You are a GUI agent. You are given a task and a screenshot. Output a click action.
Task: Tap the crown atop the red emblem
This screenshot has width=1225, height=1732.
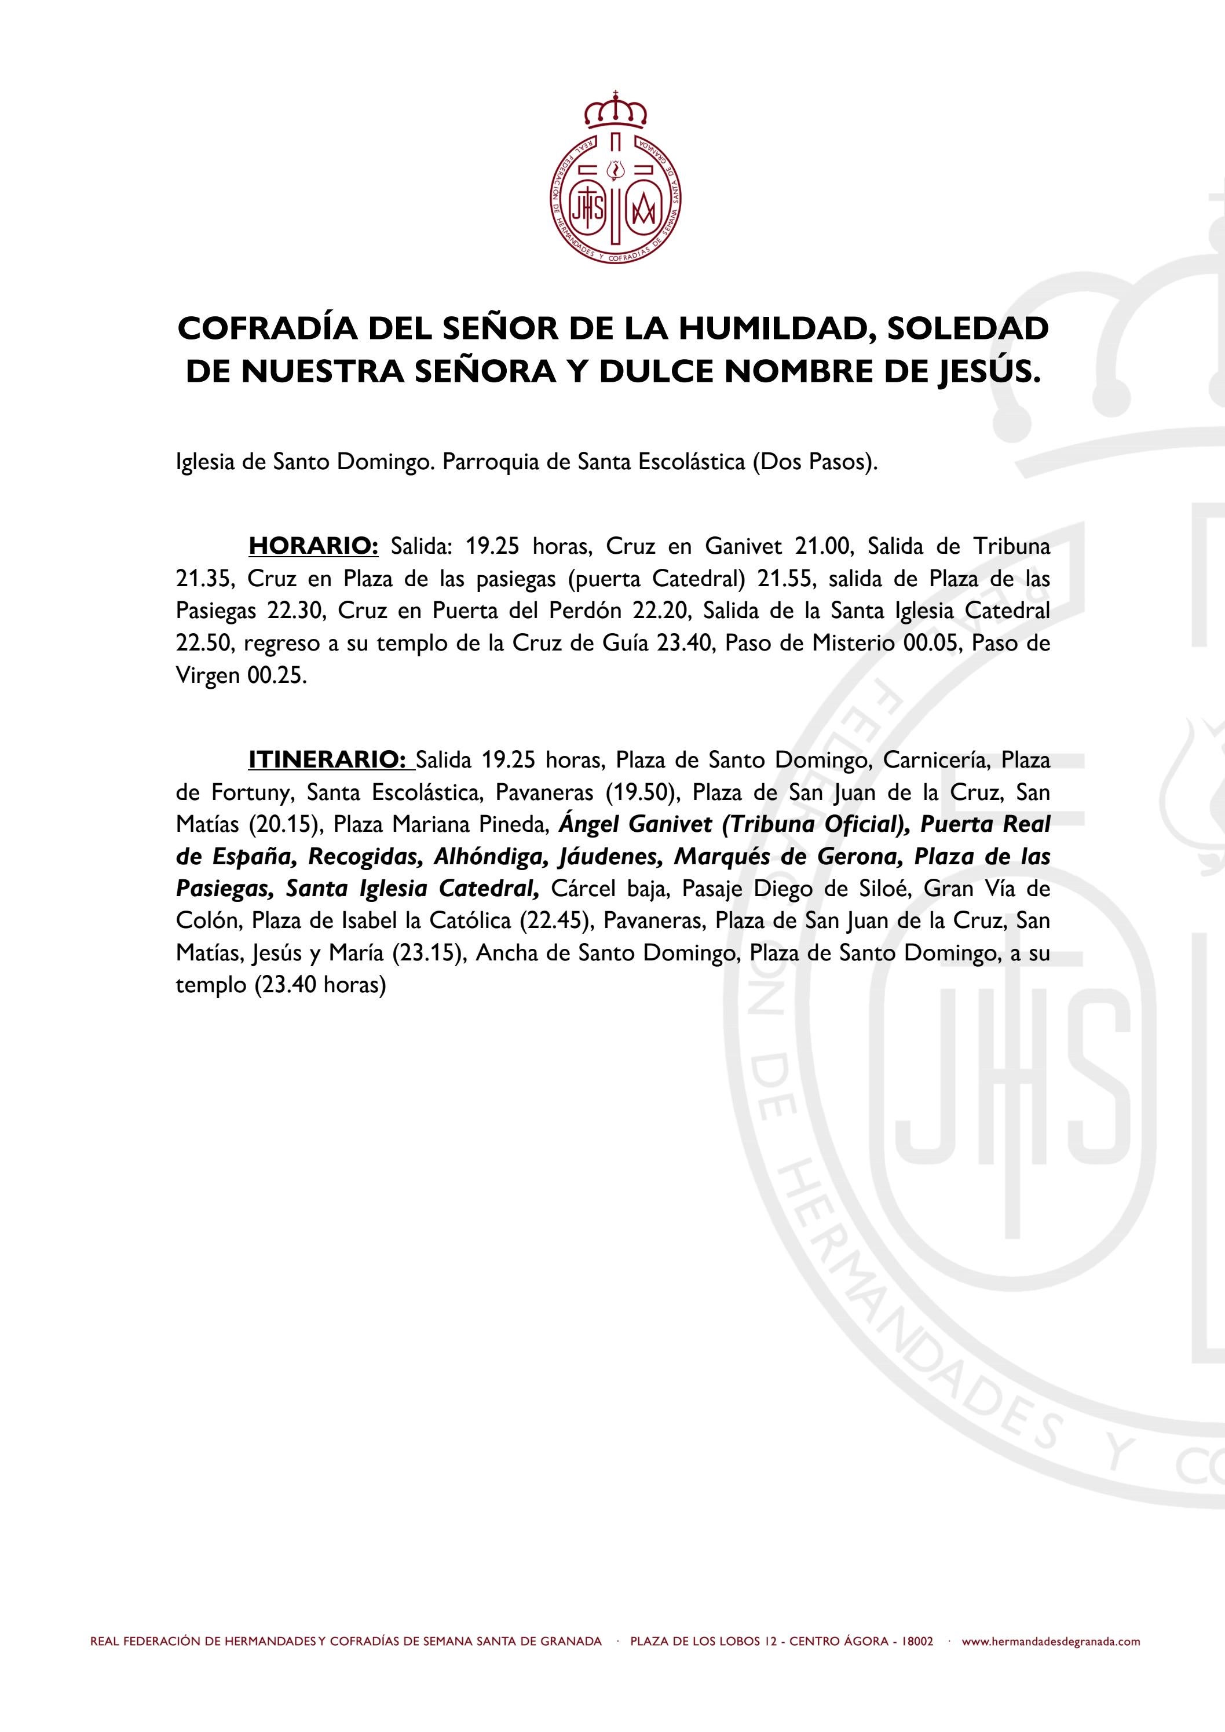click(x=616, y=110)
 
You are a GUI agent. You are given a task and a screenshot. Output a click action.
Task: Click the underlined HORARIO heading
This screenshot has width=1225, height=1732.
click(x=313, y=546)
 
